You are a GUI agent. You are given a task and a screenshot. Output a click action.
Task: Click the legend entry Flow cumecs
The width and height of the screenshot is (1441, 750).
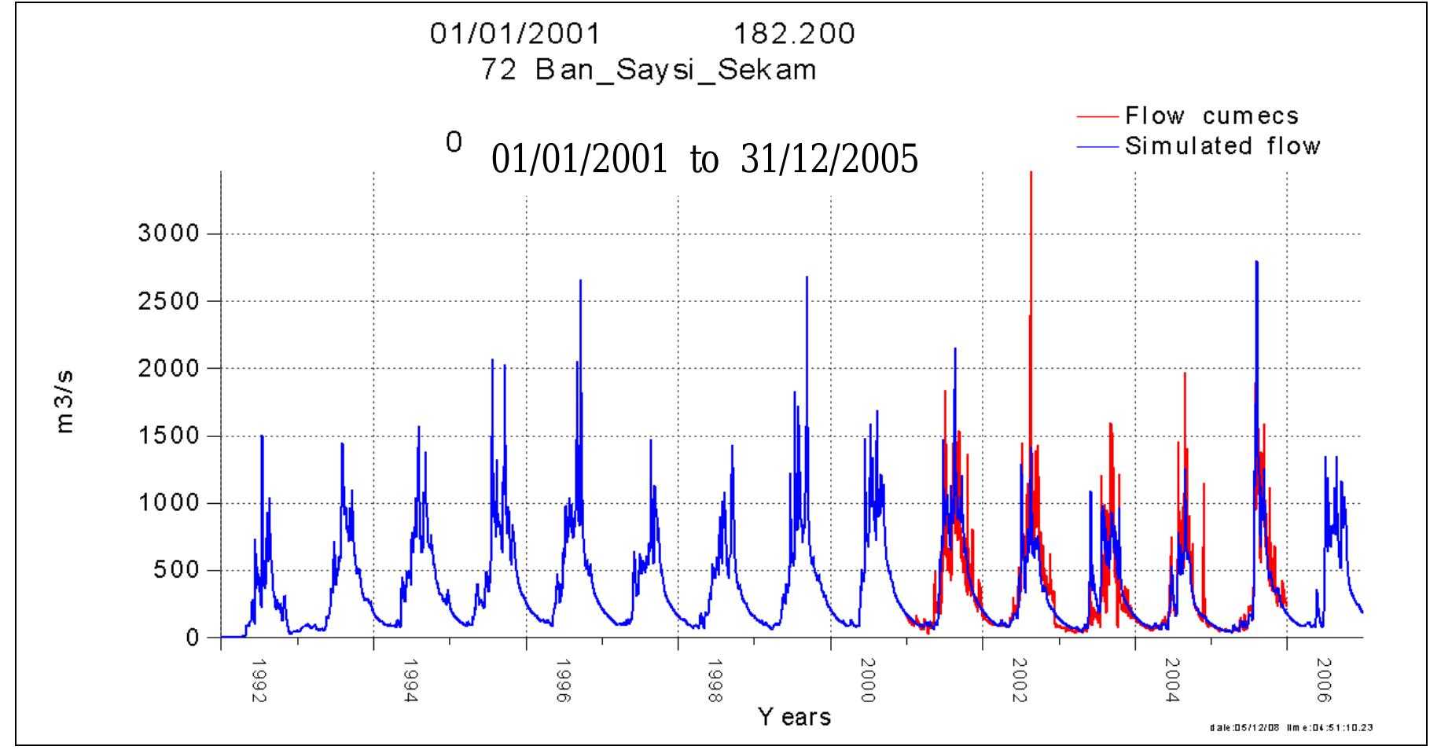[x=1211, y=116]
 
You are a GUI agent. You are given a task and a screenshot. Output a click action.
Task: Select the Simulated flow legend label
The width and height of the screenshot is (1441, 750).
[x=1222, y=146]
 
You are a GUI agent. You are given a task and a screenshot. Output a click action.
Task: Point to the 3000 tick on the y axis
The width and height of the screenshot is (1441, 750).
[x=170, y=234]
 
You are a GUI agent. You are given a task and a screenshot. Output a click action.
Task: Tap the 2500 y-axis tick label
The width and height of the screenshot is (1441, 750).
[x=170, y=301]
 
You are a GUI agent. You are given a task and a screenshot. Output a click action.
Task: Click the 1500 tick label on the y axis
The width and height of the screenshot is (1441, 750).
[x=170, y=436]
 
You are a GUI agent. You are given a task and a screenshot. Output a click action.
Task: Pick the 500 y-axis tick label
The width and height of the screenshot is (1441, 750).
[x=178, y=571]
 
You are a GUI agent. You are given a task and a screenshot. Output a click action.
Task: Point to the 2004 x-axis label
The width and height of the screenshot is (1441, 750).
[x=1172, y=682]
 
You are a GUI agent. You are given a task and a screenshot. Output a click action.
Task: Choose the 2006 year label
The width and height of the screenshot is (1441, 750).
[x=1325, y=682]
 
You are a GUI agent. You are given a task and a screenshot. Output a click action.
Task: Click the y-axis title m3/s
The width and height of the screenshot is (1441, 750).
[x=65, y=402]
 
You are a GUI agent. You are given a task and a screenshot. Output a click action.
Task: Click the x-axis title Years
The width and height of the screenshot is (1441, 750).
[x=794, y=717]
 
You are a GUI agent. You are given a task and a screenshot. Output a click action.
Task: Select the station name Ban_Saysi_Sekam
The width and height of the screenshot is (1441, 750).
[x=675, y=71]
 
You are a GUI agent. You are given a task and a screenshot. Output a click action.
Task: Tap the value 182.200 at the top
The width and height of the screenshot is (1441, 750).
[x=794, y=34]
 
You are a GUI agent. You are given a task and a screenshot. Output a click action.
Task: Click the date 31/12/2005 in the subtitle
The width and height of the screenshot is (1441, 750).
[x=829, y=160]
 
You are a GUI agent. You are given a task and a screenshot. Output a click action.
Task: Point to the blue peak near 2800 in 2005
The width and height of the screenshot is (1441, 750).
[x=1256, y=263]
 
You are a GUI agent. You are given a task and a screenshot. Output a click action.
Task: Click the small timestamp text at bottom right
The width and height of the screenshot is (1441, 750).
[x=1292, y=728]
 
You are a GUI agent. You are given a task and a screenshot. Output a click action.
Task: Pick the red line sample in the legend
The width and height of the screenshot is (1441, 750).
[x=1097, y=116]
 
